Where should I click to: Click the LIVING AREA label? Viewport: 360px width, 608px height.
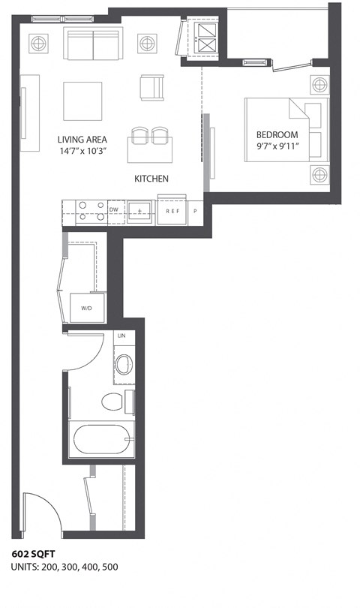point(82,140)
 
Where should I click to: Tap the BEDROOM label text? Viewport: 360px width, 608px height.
point(277,135)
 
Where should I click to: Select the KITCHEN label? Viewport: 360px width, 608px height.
point(151,179)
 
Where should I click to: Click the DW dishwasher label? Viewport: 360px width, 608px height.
point(114,210)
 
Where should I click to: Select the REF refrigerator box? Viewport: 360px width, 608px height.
point(172,212)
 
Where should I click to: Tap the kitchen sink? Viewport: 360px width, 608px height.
point(140,211)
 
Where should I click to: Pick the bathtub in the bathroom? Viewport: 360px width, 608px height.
point(102,440)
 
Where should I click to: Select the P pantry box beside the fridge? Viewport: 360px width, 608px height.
point(195,212)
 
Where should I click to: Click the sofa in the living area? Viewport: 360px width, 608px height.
point(92,45)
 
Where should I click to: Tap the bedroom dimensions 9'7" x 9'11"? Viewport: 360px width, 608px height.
point(277,147)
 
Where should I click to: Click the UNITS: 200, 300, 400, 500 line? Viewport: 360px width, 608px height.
point(64,567)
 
